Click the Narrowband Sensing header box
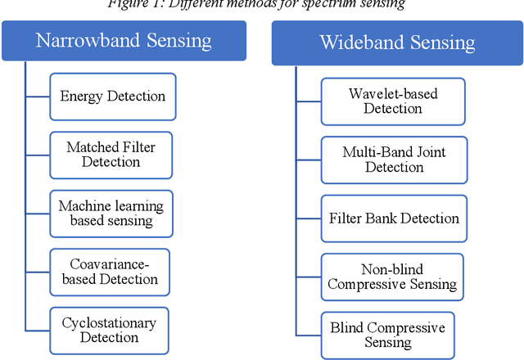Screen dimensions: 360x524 point(124,40)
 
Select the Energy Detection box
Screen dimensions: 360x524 point(112,97)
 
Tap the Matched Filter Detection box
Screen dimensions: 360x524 point(111,155)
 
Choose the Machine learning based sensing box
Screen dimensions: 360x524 point(111,214)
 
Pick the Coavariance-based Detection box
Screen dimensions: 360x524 point(110,272)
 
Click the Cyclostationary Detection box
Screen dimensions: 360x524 point(110,330)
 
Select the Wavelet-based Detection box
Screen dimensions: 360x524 point(394,101)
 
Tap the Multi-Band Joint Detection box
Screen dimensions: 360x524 point(395,160)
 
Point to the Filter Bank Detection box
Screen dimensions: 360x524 point(395,218)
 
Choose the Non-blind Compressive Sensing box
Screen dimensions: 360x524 point(392,277)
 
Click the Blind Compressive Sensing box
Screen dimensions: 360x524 point(388,335)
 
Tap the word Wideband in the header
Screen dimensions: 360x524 point(363,43)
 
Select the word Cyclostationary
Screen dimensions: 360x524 point(110,322)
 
